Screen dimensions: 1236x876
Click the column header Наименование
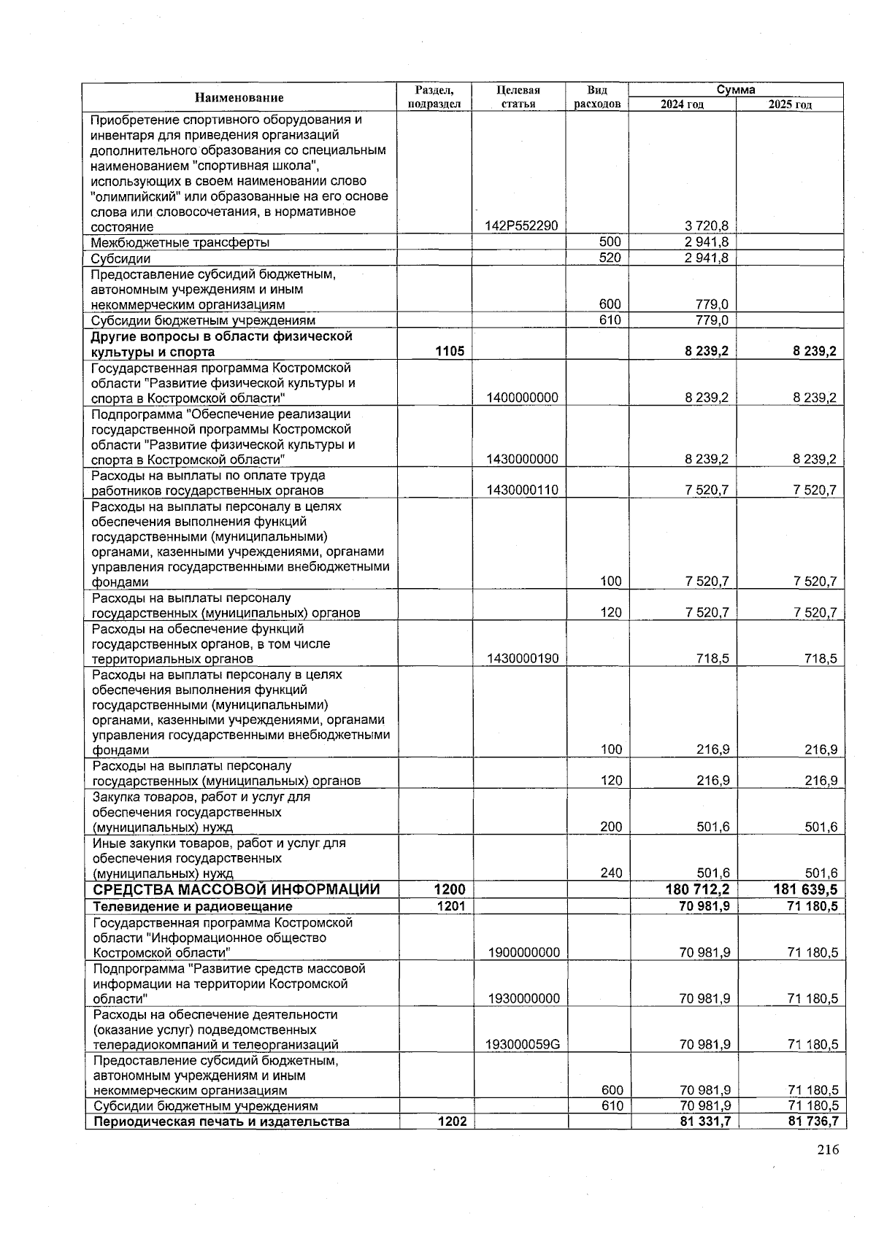point(239,98)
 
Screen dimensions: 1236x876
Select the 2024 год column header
point(681,105)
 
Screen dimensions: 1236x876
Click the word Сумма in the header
point(735,90)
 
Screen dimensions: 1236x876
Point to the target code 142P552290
point(521,226)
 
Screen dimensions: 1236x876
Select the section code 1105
point(450,352)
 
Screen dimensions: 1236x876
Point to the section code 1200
point(450,889)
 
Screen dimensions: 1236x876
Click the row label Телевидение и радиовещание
point(193,906)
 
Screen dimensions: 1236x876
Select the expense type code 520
point(610,258)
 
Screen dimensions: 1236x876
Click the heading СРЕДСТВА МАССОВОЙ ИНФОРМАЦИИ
point(237,889)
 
